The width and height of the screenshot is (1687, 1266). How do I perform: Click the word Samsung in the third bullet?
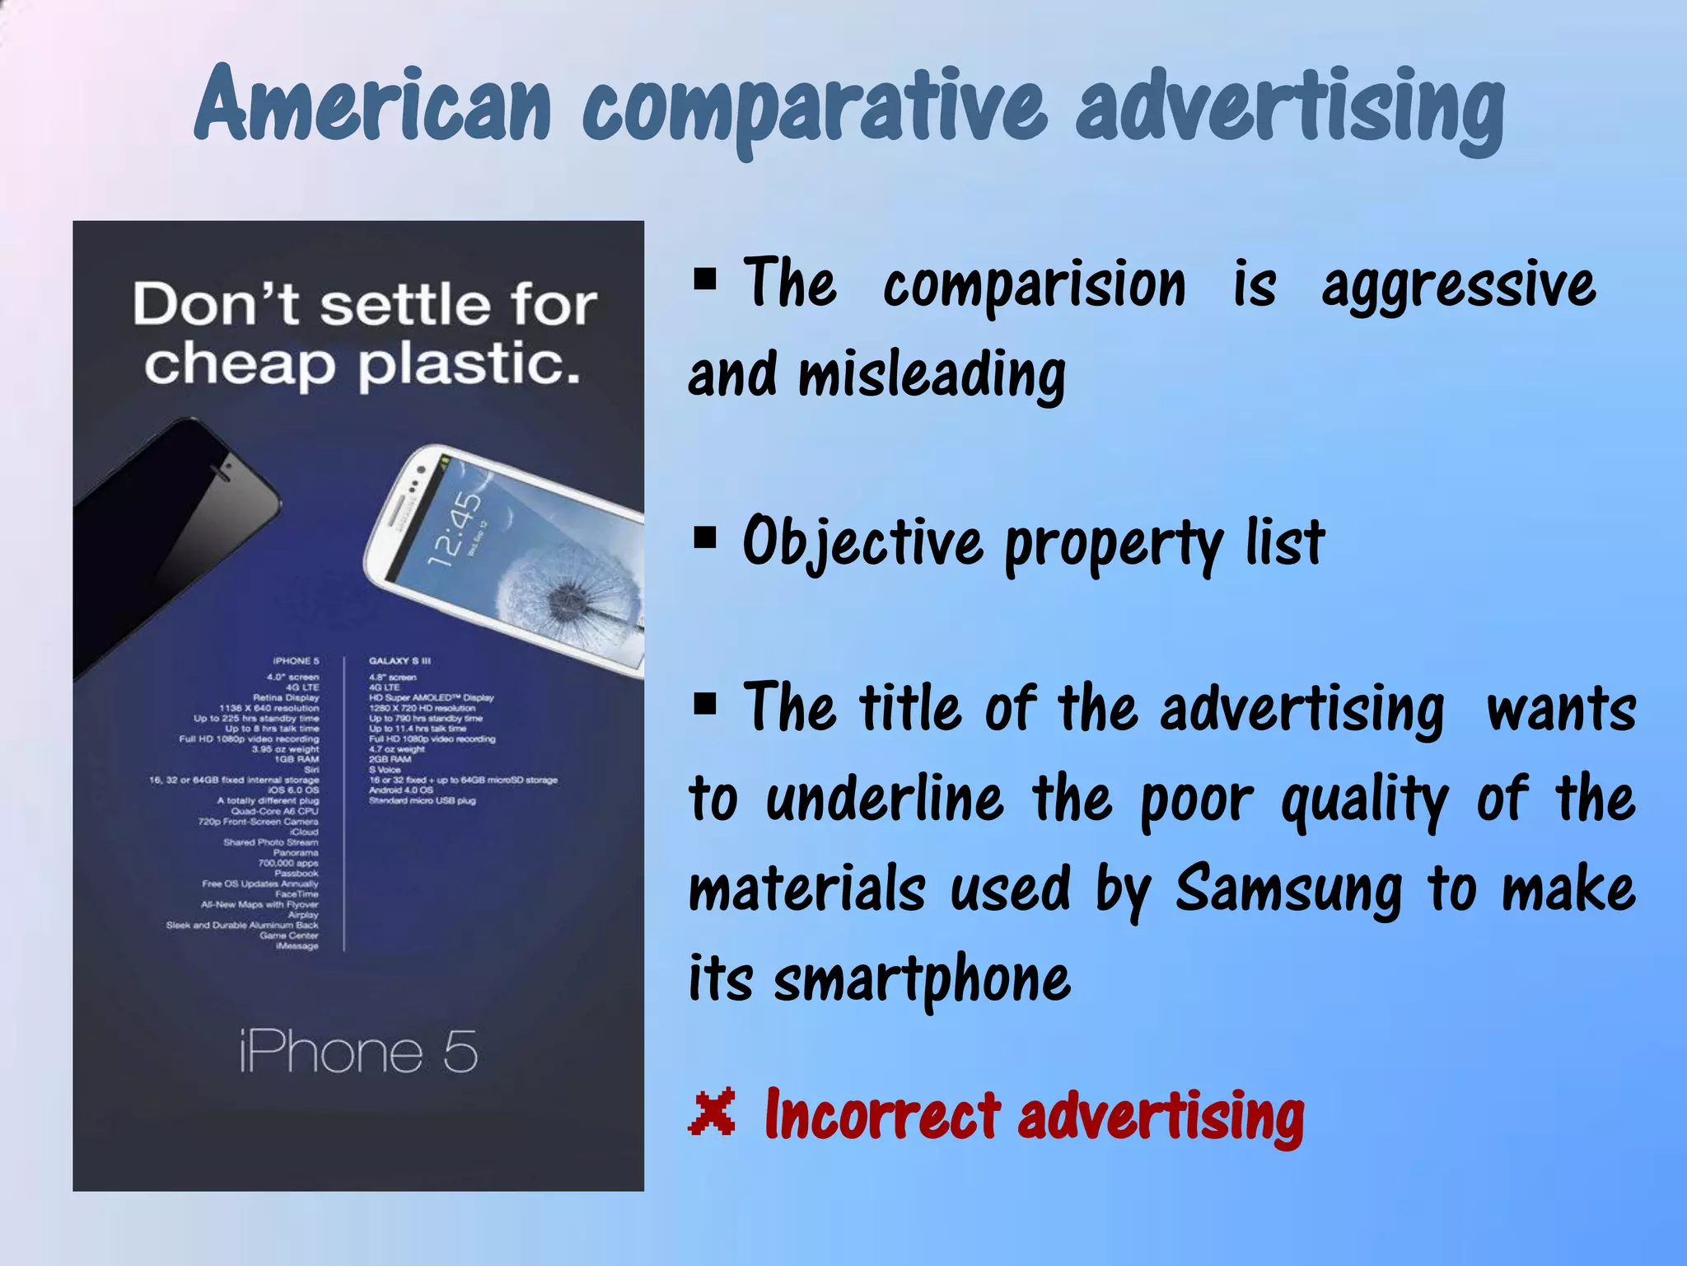click(x=1288, y=891)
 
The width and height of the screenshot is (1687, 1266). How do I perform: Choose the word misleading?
click(x=932, y=375)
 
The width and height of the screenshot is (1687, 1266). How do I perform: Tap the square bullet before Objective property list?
click(x=705, y=538)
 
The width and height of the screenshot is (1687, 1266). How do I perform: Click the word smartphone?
click(x=922, y=981)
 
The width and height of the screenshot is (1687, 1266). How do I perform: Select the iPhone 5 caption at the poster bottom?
click(x=358, y=1052)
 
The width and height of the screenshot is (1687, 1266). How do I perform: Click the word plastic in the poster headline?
click(x=470, y=364)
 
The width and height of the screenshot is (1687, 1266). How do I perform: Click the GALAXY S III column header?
click(x=400, y=661)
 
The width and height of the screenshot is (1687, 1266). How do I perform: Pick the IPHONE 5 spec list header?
click(x=296, y=661)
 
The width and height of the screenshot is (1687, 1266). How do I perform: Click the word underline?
click(x=885, y=799)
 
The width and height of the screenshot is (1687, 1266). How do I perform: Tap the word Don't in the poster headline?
click(x=216, y=304)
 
